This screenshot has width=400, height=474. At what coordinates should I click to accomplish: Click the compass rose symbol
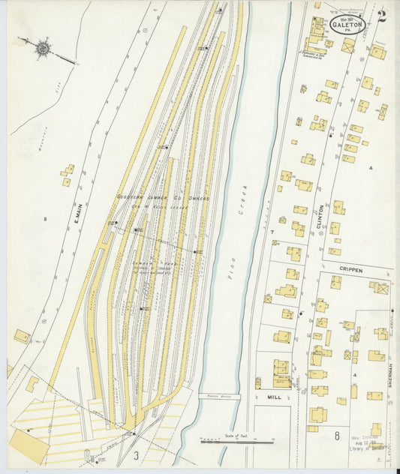point(44,49)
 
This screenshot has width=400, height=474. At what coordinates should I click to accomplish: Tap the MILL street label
point(274,398)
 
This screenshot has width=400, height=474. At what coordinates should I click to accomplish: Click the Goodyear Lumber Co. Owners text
point(163,198)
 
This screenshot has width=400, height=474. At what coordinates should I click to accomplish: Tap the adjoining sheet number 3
point(137,454)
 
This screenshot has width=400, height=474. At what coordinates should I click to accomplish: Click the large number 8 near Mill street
point(337,435)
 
